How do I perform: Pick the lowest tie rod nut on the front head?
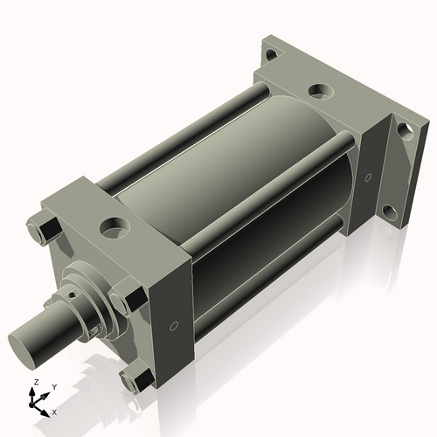coord(135,379)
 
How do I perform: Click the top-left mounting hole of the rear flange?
coord(272,54)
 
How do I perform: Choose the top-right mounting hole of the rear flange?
coord(405,131)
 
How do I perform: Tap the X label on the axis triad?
coord(54,411)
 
